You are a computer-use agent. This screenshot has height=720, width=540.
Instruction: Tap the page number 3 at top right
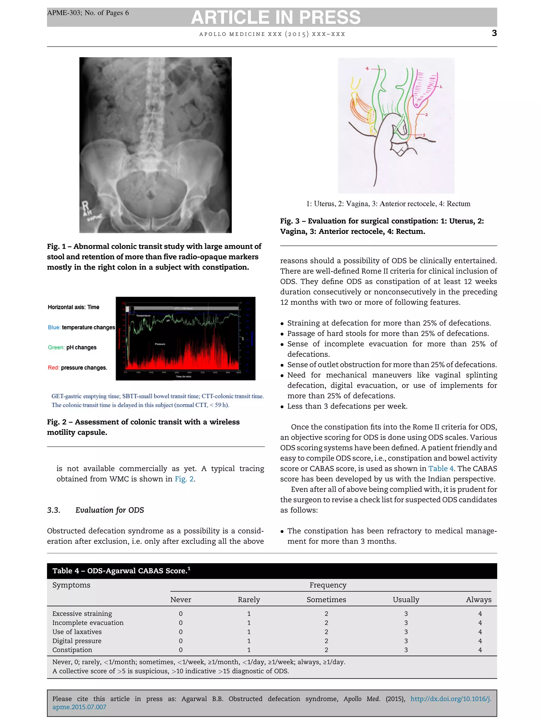click(494, 33)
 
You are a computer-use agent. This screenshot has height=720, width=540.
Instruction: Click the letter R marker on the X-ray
click(85, 206)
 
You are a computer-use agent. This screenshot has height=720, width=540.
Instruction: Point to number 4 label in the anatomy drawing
click(367, 69)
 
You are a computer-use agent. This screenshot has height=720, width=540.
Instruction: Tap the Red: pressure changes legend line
click(77, 368)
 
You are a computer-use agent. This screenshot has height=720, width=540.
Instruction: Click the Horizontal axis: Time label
click(73, 307)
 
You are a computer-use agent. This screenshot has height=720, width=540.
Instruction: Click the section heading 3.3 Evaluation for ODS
click(95, 510)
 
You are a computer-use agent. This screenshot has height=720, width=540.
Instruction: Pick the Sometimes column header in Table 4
click(326, 600)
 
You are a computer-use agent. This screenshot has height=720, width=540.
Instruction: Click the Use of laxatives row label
click(77, 632)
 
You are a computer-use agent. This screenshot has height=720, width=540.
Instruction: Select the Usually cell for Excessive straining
click(406, 613)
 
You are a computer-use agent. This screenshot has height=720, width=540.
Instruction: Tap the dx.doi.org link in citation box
click(451, 699)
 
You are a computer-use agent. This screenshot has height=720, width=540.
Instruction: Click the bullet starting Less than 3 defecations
click(347, 406)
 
